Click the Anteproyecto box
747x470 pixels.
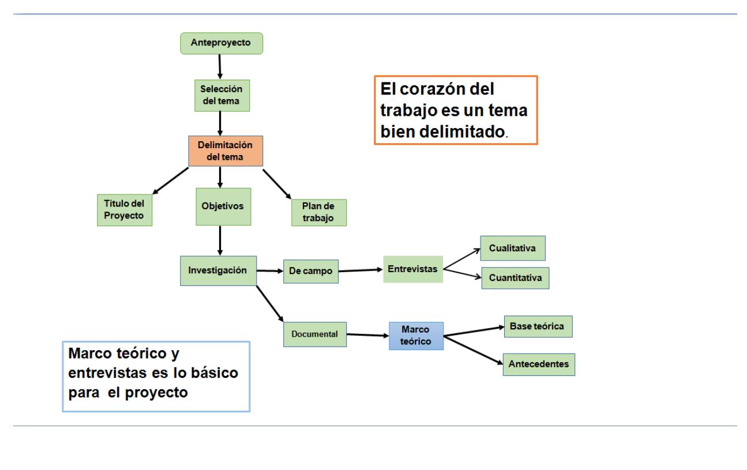pyautogui.click(x=222, y=43)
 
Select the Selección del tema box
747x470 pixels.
pyautogui.click(x=222, y=96)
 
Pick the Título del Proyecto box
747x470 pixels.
pyautogui.click(x=125, y=209)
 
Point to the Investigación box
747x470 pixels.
pyautogui.click(x=218, y=270)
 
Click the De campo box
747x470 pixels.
pyautogui.click(x=310, y=272)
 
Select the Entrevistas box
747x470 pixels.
pyautogui.click(x=412, y=269)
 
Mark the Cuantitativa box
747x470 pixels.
pyautogui.click(x=515, y=277)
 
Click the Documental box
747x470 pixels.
pyautogui.click(x=314, y=334)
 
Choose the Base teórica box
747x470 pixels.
pyautogui.click(x=538, y=326)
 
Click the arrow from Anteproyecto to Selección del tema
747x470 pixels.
pyautogui.click(x=220, y=66)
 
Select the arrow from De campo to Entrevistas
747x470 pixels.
pyautogui.click(x=361, y=270)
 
